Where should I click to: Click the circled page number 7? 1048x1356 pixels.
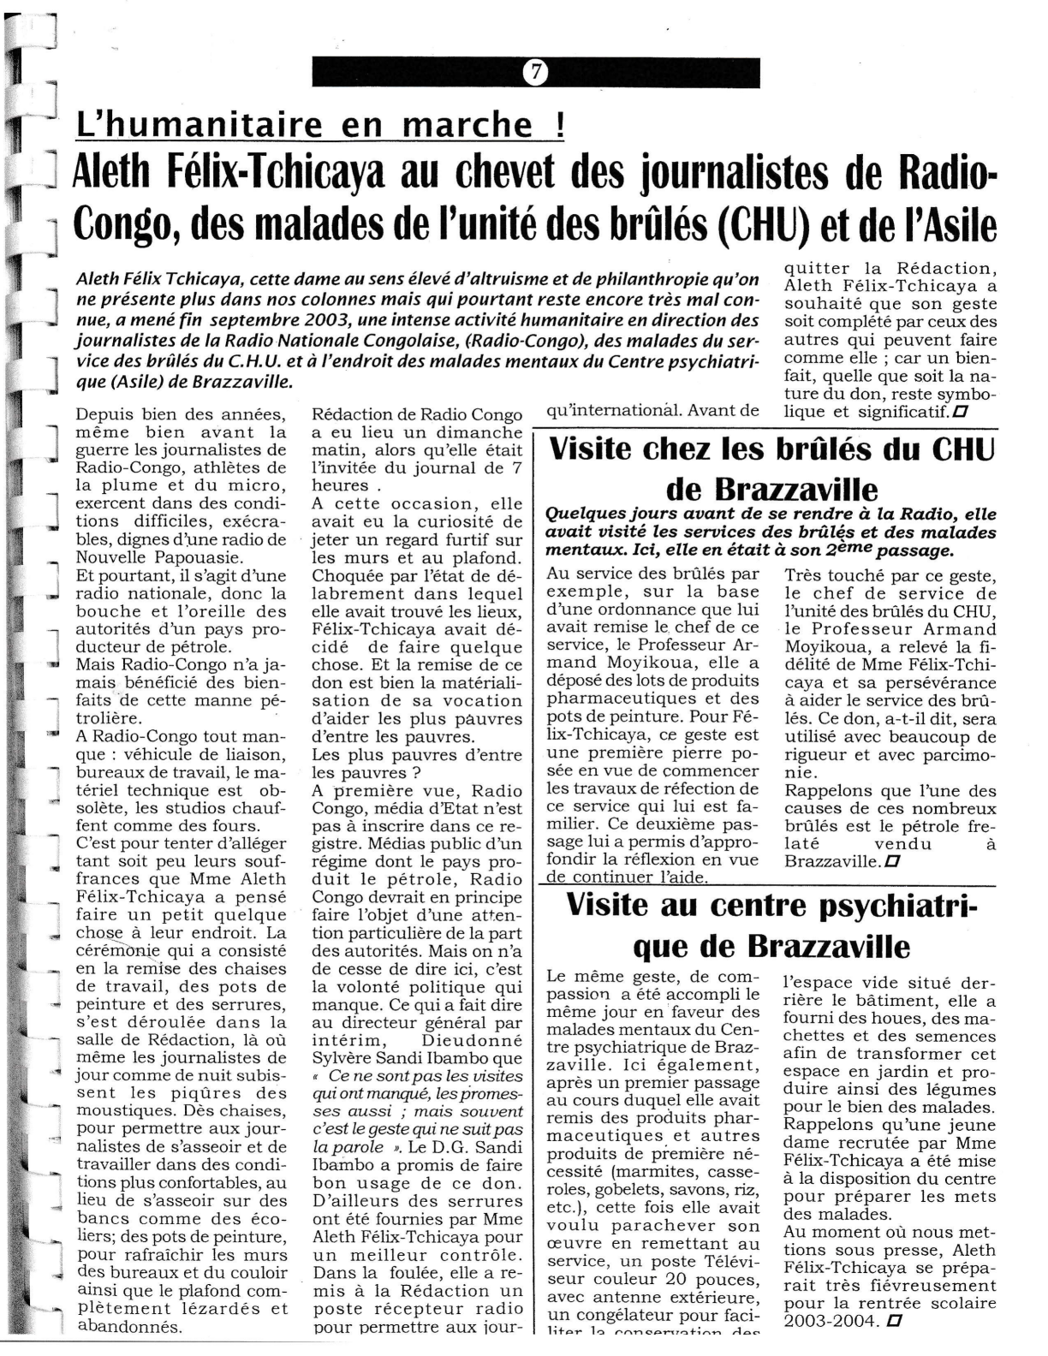(x=535, y=73)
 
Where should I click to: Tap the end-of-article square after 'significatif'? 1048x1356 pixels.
(x=962, y=412)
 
